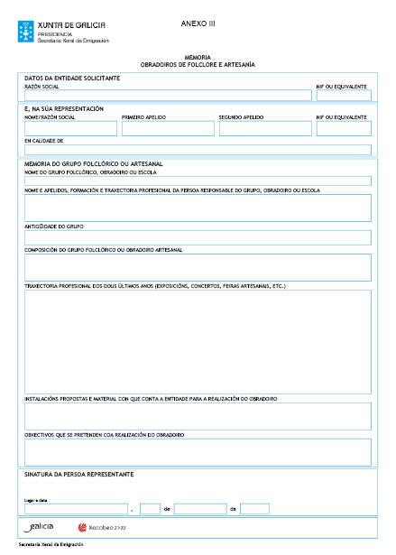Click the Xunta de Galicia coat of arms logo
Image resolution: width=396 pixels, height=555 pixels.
pos(27,32)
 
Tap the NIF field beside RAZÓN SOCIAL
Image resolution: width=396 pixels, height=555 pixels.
pos(343,95)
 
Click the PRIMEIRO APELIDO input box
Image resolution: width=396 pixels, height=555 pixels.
pos(168,129)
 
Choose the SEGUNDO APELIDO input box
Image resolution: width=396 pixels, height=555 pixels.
pos(262,129)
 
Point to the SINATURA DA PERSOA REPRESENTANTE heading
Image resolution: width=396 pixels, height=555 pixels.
pos(79,474)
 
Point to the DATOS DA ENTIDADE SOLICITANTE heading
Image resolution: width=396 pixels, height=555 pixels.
pos(72,79)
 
